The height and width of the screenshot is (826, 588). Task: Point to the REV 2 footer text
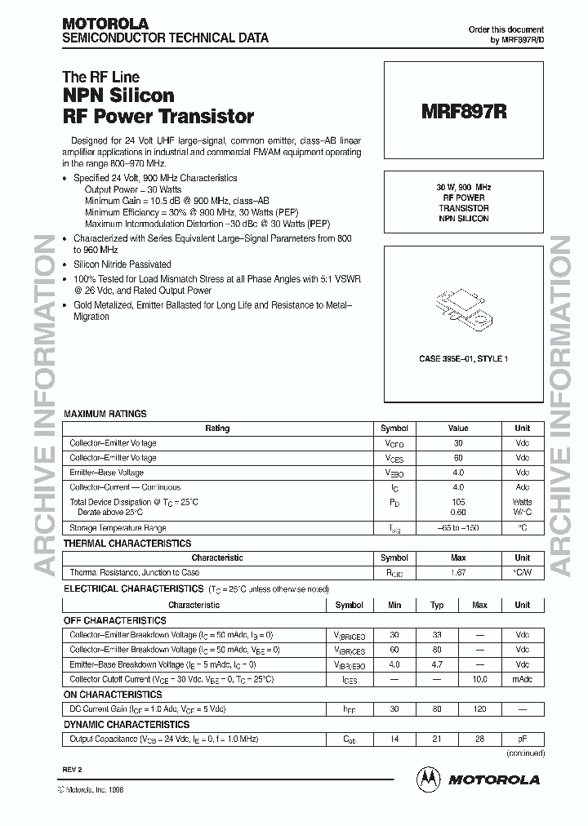pos(73,770)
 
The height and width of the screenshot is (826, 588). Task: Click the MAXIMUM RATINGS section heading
pos(105,414)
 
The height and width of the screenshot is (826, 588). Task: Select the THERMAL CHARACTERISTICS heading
pos(127,543)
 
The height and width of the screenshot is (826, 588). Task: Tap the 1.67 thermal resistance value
pos(457,573)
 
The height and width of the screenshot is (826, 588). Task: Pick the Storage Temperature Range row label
pos(118,529)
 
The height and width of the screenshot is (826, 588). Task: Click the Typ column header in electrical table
pos(437,606)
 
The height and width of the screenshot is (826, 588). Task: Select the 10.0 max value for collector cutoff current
pos(479,679)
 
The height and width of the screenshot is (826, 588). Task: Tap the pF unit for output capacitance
pos(522,739)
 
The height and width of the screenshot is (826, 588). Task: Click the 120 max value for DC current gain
pos(479,709)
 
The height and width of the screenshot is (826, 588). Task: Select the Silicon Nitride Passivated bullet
pos(122,264)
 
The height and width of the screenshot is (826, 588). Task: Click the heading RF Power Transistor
pos(158,117)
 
